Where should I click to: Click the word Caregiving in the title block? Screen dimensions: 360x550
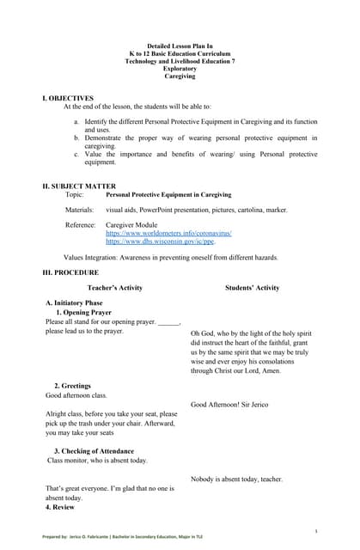(x=180, y=76)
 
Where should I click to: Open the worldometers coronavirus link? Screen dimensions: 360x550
(x=168, y=233)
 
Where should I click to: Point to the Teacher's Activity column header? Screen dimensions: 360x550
(x=114, y=288)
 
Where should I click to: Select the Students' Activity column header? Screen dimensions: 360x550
(x=252, y=288)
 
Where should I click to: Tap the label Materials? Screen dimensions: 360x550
(x=80, y=210)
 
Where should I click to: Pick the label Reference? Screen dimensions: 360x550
(x=81, y=224)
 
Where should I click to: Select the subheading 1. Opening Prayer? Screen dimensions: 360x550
(x=83, y=313)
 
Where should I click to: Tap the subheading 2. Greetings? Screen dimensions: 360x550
(x=72, y=386)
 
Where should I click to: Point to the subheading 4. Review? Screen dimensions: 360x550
(x=60, y=507)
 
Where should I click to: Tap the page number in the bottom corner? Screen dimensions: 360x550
(x=316, y=531)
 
